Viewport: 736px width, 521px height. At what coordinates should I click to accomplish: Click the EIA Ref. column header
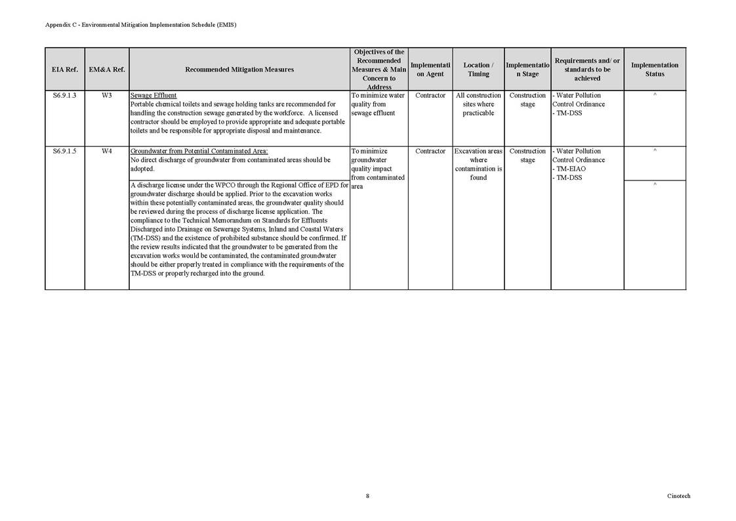click(x=64, y=70)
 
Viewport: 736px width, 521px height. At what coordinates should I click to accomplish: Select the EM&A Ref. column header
click(x=107, y=70)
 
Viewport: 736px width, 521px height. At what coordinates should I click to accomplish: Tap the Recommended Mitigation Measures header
click(x=239, y=70)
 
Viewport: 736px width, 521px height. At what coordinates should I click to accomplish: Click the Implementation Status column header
click(x=654, y=70)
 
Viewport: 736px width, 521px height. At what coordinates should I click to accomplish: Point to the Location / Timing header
click(x=478, y=70)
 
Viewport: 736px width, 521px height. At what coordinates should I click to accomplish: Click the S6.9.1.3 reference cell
click(x=64, y=96)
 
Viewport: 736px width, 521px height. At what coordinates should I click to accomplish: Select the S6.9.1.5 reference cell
click(x=64, y=152)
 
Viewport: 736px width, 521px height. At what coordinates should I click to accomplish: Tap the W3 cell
click(x=107, y=96)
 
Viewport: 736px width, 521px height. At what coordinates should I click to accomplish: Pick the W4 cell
click(x=107, y=152)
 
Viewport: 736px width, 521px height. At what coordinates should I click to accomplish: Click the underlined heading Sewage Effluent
click(x=153, y=96)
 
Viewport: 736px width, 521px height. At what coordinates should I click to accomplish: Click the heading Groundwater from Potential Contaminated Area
click(x=199, y=152)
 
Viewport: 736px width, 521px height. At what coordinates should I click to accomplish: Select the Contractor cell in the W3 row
click(x=430, y=96)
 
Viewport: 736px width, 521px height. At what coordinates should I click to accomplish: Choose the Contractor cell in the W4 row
click(x=430, y=152)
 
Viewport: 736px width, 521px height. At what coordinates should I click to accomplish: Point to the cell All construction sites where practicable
click(x=478, y=104)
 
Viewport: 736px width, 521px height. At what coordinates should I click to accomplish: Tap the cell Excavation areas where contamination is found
click(x=478, y=164)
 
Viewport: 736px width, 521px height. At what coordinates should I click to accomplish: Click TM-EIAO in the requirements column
click(x=569, y=169)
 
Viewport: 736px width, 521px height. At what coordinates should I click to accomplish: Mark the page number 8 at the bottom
click(x=367, y=496)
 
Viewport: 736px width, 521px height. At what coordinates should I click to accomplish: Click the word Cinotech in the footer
click(x=678, y=496)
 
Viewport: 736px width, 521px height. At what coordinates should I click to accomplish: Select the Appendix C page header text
click(x=140, y=25)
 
